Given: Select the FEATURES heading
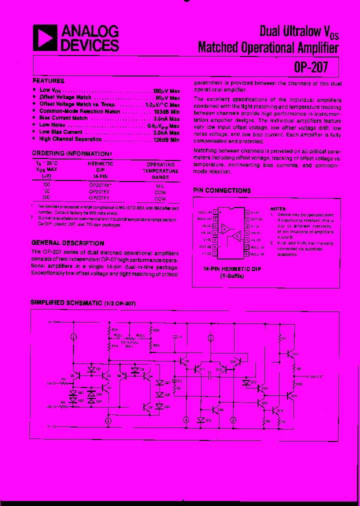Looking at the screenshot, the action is pyautogui.click(x=48, y=81).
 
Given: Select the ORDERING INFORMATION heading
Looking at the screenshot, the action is pyautogui.click(x=69, y=154).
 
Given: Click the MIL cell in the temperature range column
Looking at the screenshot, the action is pyautogui.click(x=160, y=184).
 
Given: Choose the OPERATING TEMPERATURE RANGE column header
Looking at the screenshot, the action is pyautogui.click(x=160, y=170).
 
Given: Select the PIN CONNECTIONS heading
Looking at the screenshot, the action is pyautogui.click(x=221, y=190).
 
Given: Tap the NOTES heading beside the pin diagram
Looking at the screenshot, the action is pyautogui.click(x=278, y=209).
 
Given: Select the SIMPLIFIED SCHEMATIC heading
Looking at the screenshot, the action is pyautogui.click(x=83, y=303).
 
